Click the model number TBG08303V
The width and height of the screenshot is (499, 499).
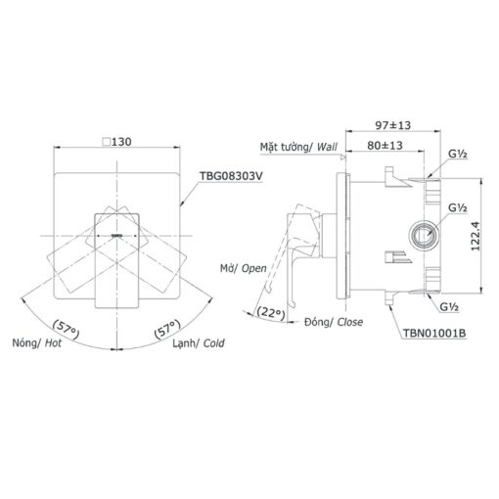(231, 176)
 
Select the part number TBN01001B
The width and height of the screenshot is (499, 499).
(434, 334)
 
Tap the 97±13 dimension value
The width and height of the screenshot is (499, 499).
(393, 125)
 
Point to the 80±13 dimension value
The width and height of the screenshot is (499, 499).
(385, 146)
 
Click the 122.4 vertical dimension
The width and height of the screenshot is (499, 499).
(476, 236)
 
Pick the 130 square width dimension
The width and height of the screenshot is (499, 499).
(121, 142)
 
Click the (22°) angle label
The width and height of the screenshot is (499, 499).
(271, 312)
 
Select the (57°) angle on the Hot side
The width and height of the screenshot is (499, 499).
(67, 329)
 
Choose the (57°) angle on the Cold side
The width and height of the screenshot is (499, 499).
(167, 329)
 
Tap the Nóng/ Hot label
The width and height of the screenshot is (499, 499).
(37, 343)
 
